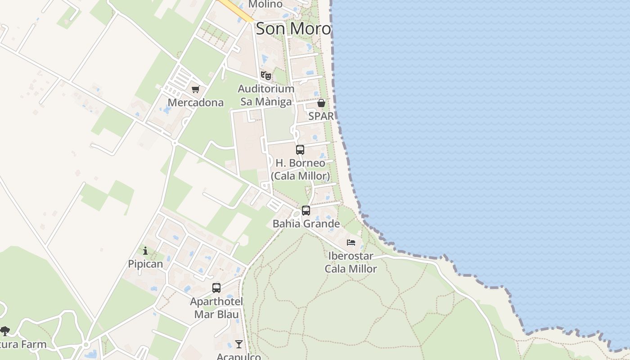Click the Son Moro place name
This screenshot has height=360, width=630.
[x=293, y=29]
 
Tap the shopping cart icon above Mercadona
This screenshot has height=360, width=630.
[x=195, y=90]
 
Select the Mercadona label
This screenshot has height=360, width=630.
[x=195, y=103]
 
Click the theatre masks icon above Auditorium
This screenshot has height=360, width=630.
[x=266, y=76]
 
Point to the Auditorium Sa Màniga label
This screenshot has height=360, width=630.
[x=266, y=95]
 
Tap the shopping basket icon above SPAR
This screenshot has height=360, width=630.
[x=321, y=103]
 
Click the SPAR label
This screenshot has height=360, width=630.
[x=321, y=116]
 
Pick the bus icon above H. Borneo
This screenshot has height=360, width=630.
[x=300, y=150]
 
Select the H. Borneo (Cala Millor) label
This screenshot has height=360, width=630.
[x=300, y=169]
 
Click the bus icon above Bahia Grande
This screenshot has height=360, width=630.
[x=306, y=210]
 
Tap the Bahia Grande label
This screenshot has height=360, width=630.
[x=306, y=224]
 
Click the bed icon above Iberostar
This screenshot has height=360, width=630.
[x=351, y=243]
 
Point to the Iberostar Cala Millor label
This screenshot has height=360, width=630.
[x=351, y=262]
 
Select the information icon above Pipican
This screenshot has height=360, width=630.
[x=145, y=251]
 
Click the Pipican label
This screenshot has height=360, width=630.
[x=145, y=264]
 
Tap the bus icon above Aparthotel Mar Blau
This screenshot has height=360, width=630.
[x=216, y=288]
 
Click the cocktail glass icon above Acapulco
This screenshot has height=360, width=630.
[x=239, y=344]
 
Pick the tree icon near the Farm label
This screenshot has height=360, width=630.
[x=5, y=332]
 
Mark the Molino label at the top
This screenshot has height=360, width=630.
[x=265, y=4]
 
